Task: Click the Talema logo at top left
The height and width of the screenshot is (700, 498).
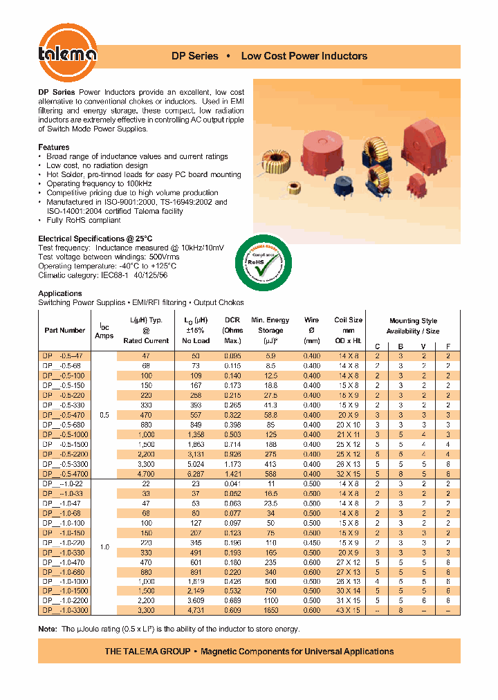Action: (67, 54)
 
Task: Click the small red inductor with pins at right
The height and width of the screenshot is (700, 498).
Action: (417, 186)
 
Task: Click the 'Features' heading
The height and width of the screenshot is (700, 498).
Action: (53, 147)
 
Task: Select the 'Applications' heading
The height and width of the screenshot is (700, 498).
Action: (59, 293)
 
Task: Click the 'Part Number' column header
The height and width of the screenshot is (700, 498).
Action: (65, 331)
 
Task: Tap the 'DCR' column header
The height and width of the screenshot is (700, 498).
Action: (232, 320)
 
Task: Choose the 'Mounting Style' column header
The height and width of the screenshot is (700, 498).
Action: (413, 321)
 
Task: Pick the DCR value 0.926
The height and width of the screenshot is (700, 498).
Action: (232, 454)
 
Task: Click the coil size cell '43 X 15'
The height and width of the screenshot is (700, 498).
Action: (349, 611)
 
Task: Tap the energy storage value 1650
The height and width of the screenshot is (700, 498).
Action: (270, 611)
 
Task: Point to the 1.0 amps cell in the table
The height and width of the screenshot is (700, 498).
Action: (104, 547)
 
